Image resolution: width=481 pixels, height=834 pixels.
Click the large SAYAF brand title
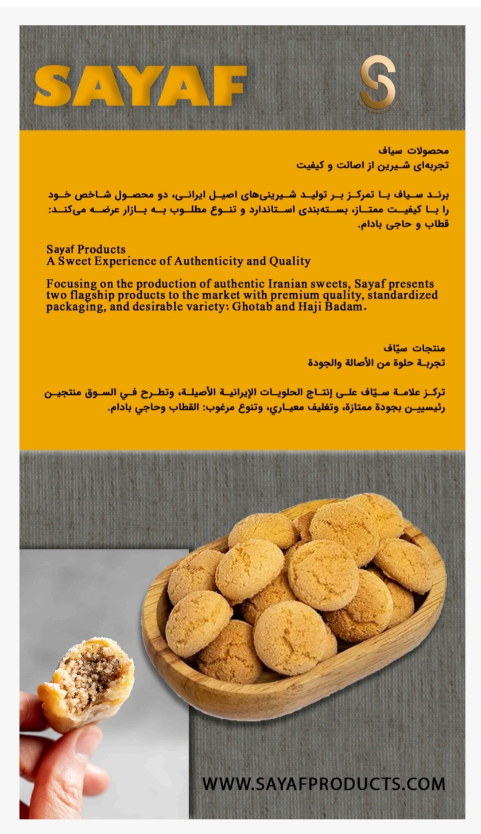[x=140, y=86]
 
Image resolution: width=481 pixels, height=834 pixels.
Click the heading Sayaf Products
[x=86, y=250]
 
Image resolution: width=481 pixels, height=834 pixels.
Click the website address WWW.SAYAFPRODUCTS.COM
[x=323, y=783]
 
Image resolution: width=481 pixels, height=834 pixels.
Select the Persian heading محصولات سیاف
[x=413, y=151]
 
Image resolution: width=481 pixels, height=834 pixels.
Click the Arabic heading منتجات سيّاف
[x=414, y=348]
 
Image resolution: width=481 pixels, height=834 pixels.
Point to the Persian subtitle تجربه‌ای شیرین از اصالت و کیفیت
[x=373, y=165]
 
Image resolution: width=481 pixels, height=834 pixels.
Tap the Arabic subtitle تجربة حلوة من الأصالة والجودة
[x=377, y=363]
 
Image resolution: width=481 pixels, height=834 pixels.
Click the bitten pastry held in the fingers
[x=86, y=683]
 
